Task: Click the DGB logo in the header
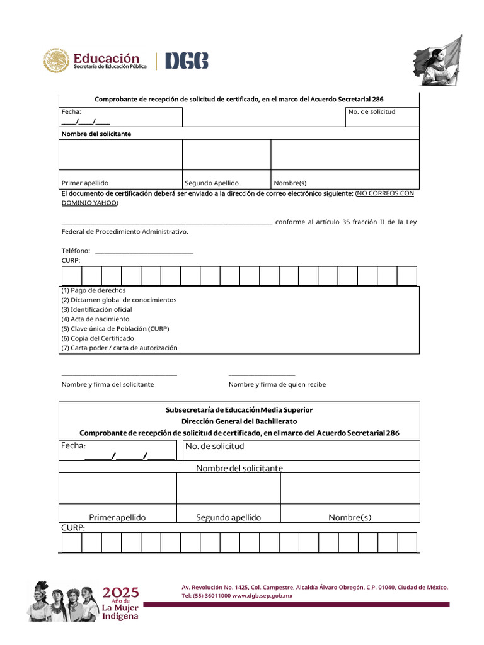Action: [187, 61]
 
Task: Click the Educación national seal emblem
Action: [57, 60]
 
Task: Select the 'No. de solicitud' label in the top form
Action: [372, 111]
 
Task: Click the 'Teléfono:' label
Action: [76, 251]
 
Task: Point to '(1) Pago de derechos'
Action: [93, 290]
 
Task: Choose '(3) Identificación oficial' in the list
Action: [96, 310]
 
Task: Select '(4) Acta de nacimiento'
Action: [95, 319]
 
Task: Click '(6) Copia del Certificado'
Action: [98, 338]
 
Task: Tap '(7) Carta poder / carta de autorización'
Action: [119, 348]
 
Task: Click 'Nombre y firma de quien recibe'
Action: [277, 384]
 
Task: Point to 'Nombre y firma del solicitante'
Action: [108, 384]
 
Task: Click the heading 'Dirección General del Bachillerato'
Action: [239, 421]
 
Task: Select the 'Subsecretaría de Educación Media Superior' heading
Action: [239, 410]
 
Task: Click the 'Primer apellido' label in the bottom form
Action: [117, 518]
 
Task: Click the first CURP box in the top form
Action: [72, 276]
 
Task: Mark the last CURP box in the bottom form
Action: [407, 542]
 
